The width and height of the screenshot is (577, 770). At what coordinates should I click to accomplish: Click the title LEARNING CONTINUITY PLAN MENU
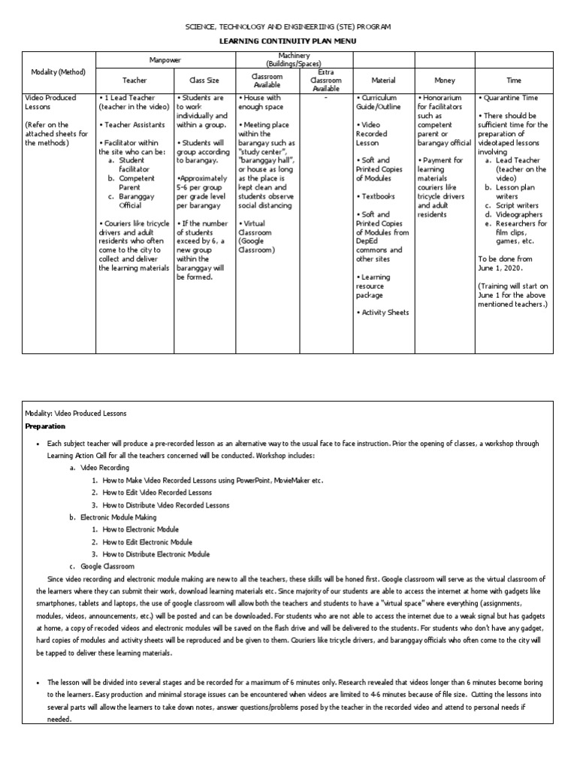(x=288, y=41)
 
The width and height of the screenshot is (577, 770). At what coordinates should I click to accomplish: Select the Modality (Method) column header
(x=59, y=72)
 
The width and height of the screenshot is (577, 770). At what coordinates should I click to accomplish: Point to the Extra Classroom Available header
(x=326, y=80)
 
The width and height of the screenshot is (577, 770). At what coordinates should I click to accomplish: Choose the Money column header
(x=444, y=80)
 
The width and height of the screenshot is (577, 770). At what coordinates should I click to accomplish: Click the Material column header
(x=383, y=80)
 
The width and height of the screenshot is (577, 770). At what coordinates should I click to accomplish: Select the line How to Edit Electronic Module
(x=147, y=541)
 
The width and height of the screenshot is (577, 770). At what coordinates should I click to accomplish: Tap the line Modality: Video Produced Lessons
(x=76, y=413)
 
